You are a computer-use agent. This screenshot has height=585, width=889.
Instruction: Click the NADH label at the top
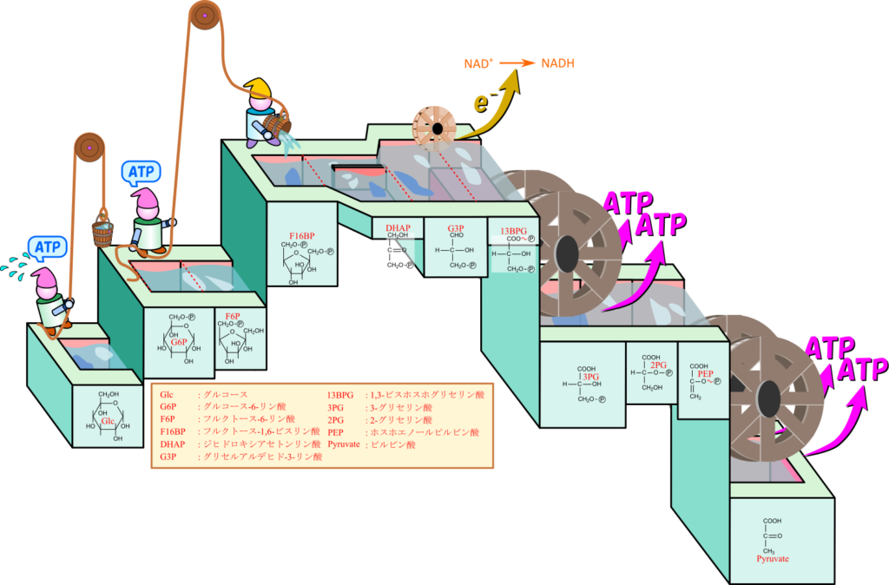[557, 63]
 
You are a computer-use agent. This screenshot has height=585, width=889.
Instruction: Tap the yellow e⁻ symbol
[479, 102]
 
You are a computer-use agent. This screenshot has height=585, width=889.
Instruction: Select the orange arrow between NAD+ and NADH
[517, 63]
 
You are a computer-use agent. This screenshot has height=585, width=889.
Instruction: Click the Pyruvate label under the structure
[772, 559]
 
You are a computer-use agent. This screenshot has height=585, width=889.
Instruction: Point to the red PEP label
[705, 374]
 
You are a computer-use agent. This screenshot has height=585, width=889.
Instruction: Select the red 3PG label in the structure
[591, 377]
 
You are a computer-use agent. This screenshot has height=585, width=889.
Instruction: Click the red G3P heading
[456, 229]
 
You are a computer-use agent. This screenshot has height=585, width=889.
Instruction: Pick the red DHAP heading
[398, 228]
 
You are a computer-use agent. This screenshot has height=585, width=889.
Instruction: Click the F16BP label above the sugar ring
[301, 235]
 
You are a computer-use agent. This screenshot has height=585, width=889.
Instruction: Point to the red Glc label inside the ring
[109, 421]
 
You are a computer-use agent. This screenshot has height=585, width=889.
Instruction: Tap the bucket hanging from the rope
[102, 233]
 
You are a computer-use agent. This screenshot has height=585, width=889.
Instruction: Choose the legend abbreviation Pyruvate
[345, 444]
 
